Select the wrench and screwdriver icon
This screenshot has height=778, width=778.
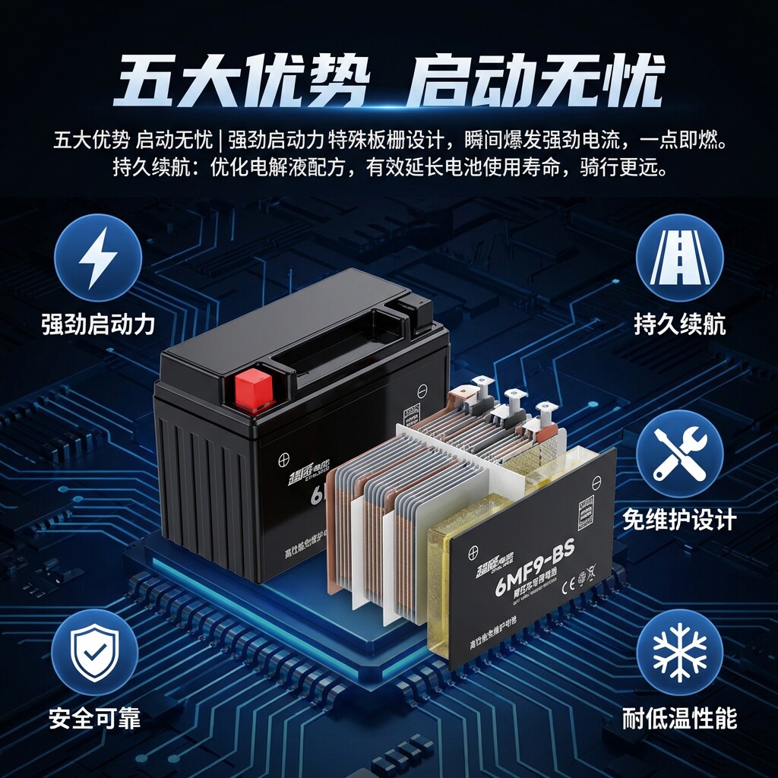coord(679,454)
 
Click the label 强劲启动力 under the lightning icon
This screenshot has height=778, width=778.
coord(98,325)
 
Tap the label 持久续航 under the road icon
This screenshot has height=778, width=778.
coord(679,325)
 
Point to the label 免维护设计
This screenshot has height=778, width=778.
coord(679,520)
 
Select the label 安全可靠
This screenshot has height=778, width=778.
coord(95,718)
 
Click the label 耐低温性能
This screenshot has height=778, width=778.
coord(679,718)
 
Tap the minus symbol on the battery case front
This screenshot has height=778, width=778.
coord(422,393)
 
